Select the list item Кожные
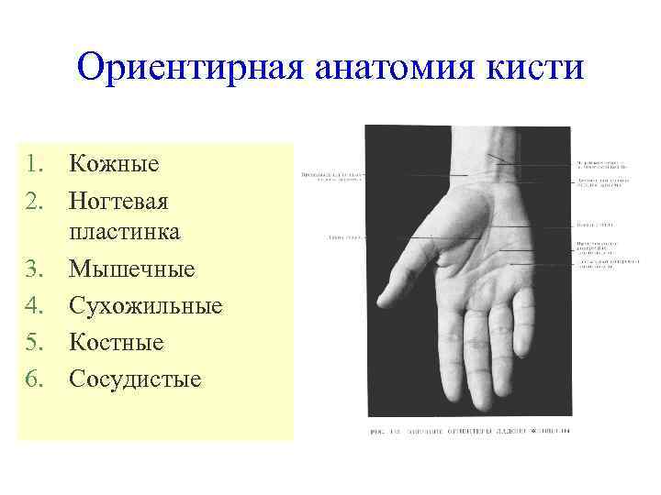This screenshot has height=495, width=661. (x=114, y=164)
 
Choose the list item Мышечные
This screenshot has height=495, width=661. (x=131, y=269)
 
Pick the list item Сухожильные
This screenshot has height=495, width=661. (x=145, y=305)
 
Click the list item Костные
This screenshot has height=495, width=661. (x=116, y=342)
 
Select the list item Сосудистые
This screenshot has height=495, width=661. (x=134, y=377)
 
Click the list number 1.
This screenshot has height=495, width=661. (x=34, y=164)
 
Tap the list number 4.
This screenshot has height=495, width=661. (x=34, y=305)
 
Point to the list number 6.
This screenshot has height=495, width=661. (x=34, y=377)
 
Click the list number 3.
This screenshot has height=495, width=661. (x=34, y=269)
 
